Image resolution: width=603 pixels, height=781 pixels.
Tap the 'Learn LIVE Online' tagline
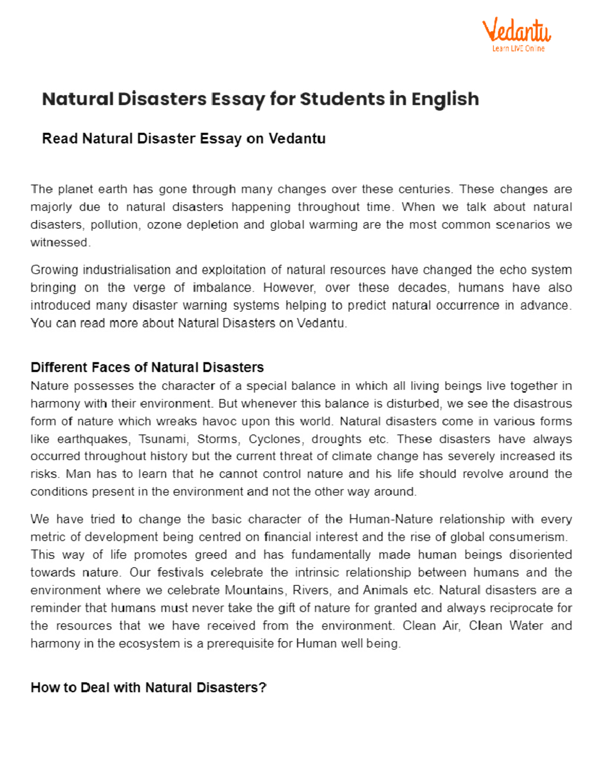click(518, 49)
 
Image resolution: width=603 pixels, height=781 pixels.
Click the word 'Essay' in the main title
click(238, 99)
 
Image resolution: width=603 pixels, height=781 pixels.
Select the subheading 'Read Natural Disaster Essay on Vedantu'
click(183, 138)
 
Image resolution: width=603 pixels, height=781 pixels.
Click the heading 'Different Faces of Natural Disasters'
click(147, 367)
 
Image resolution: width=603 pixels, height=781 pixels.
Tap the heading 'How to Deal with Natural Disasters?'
click(148, 687)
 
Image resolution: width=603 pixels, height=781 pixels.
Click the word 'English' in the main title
click(445, 99)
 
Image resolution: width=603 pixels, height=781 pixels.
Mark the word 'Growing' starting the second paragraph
click(54, 270)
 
